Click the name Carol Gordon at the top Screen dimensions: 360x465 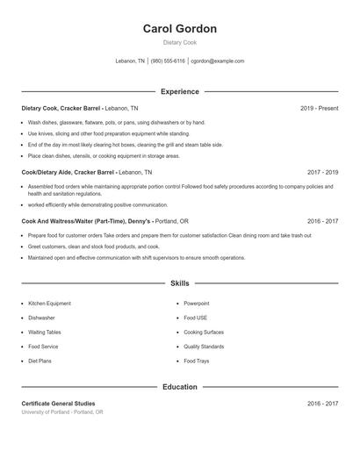click(x=179, y=29)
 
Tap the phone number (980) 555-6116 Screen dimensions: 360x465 click(x=168, y=61)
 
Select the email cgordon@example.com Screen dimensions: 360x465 click(x=218, y=61)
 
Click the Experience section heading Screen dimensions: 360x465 click(x=179, y=91)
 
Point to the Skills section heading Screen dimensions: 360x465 click(x=179, y=283)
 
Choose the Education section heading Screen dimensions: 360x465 click(x=179, y=387)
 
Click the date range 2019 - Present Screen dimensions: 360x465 click(x=319, y=108)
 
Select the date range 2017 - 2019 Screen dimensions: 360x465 click(x=322, y=173)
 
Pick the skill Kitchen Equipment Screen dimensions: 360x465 click(x=49, y=303)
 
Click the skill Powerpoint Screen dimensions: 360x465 click(x=196, y=303)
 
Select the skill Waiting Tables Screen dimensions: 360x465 click(x=45, y=333)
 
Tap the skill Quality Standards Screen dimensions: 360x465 click(x=204, y=347)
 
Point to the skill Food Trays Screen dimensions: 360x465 click(x=197, y=361)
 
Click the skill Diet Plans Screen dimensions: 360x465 click(x=40, y=361)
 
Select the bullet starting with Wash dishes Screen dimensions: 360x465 click(x=116, y=123)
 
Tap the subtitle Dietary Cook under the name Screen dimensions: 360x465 click(x=179, y=42)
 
